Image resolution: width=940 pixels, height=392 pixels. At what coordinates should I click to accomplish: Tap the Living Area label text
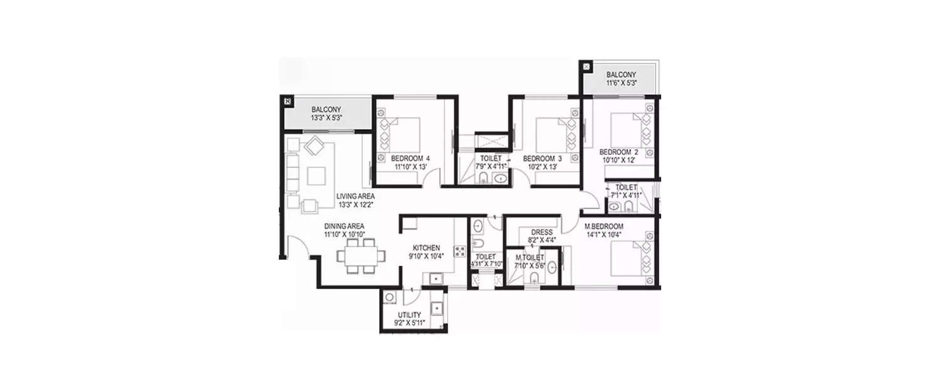click(x=355, y=196)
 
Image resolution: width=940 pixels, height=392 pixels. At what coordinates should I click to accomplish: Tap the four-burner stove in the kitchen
click(x=459, y=251)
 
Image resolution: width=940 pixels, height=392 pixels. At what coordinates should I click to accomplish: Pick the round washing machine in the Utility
click(x=390, y=298)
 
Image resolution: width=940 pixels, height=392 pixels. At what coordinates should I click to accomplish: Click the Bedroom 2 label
click(x=619, y=152)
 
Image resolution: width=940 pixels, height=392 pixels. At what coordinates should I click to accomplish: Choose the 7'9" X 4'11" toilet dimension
click(x=492, y=167)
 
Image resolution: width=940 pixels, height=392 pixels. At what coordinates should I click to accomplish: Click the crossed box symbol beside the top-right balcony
click(x=587, y=65)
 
